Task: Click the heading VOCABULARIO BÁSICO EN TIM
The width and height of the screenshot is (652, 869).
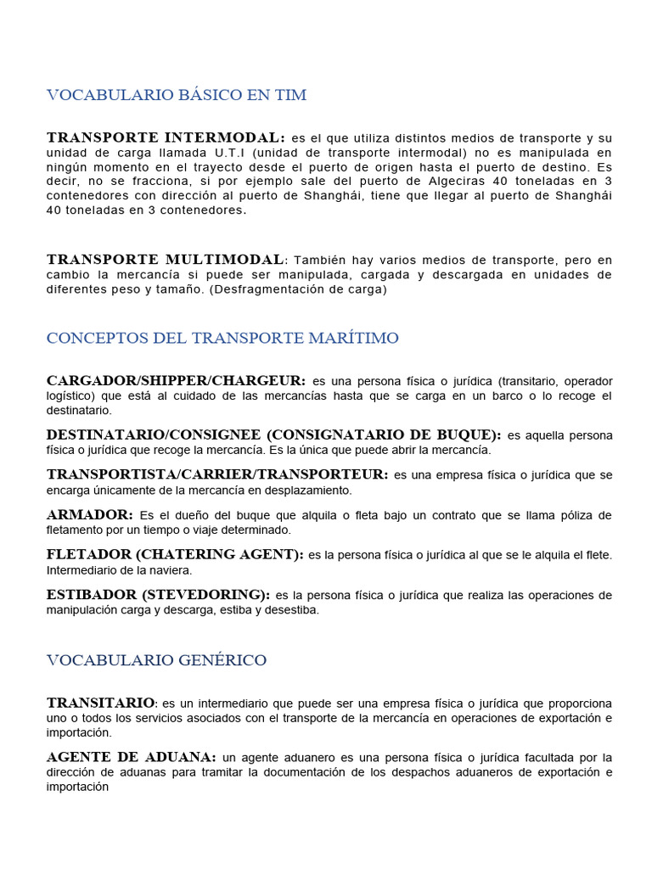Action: [177, 95]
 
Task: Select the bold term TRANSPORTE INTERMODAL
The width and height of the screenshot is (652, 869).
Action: [166, 137]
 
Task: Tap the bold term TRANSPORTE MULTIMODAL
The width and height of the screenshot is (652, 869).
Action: [166, 259]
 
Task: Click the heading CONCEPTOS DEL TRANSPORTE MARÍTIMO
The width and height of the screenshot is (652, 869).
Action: [222, 338]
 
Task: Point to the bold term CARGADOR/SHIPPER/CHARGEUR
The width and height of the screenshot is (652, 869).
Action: [176, 380]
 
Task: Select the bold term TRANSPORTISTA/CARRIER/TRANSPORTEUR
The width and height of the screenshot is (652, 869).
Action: [217, 474]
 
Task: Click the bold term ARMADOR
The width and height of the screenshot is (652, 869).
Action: [90, 515]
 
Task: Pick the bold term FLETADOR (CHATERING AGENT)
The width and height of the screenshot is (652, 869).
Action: [175, 555]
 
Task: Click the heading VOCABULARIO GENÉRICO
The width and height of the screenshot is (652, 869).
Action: [156, 659]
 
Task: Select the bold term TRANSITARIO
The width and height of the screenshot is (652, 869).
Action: [101, 703]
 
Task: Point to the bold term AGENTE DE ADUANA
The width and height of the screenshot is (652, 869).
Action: [132, 757]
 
